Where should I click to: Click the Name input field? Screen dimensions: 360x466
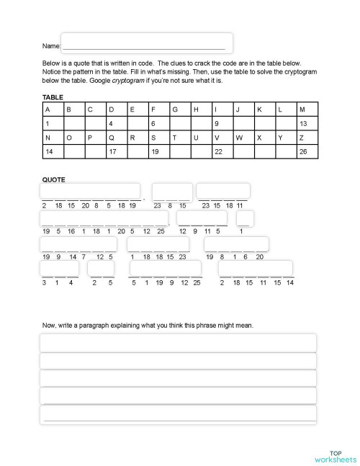click(147, 43)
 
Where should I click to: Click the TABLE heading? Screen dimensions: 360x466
click(53, 97)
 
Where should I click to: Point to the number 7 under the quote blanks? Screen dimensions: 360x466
click(82, 256)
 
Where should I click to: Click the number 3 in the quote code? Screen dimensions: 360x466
click(45, 282)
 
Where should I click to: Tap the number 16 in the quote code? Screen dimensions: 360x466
click(71, 230)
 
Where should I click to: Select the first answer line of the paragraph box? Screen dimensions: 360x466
click(178, 343)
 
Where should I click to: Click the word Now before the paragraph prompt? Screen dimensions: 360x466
click(49, 326)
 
